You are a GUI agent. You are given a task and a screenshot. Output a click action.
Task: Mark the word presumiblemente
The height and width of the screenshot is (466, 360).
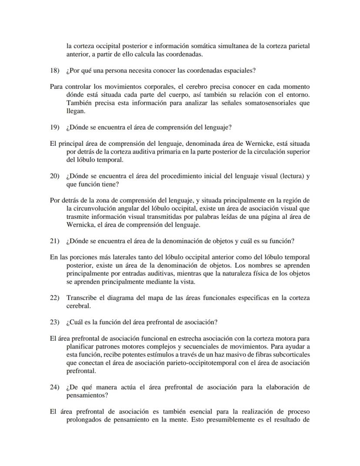click(230, 420)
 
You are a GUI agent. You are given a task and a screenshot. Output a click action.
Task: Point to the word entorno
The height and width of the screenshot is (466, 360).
click(298, 95)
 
